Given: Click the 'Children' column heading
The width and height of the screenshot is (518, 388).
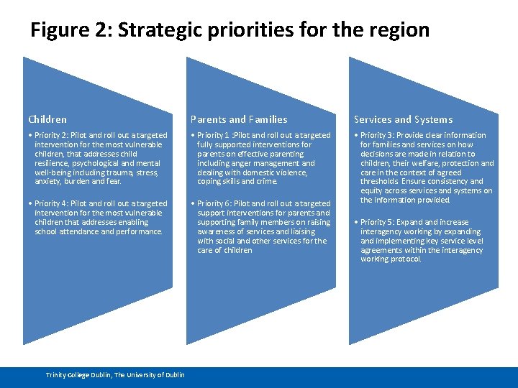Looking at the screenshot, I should pos(47,119).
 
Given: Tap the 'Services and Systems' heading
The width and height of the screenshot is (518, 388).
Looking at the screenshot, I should pos(403,119).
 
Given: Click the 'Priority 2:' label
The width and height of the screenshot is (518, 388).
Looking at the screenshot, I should pos(53,135).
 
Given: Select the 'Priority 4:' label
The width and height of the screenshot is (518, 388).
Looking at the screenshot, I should pos(53,203).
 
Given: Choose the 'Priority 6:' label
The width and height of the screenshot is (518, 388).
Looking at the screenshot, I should pos(217,203).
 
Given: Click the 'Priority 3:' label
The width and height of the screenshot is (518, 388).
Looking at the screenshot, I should pos(379,135).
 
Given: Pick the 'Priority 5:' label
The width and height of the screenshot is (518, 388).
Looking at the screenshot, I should pos(379,222).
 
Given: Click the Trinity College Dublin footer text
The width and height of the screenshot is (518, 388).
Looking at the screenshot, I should pos(115,374).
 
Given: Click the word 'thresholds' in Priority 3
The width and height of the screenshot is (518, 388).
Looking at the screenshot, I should pos(380,182).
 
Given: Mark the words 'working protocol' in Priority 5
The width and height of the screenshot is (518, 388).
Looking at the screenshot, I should pos(391,259).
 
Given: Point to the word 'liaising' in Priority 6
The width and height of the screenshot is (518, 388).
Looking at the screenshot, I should pos(301,231).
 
